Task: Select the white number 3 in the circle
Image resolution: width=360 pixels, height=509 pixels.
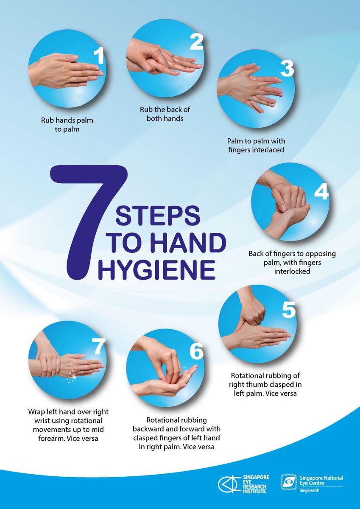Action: click(x=287, y=69)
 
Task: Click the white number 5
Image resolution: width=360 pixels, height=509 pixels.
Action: click(x=288, y=311)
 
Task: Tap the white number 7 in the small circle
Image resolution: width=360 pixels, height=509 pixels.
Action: click(x=98, y=347)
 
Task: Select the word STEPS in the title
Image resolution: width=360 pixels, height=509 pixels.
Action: click(x=157, y=216)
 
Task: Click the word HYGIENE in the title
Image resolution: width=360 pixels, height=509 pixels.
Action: click(x=156, y=271)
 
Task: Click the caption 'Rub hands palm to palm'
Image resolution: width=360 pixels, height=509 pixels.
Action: click(x=67, y=125)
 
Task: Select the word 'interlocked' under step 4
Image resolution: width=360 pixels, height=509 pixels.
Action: click(x=292, y=270)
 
